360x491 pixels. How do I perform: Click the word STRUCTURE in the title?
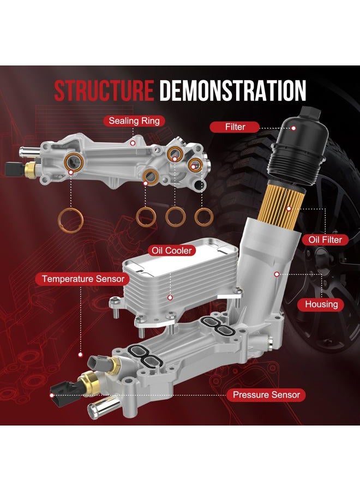pyautogui.click(x=104, y=91)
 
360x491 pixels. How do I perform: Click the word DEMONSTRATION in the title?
pyautogui.click(x=232, y=91)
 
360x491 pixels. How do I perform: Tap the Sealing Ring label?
pyautogui.click(x=134, y=121)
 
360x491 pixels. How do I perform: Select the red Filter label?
pyautogui.click(x=235, y=127)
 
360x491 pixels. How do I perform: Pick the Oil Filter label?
pyautogui.click(x=325, y=240)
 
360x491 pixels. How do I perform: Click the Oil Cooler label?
pyautogui.click(x=172, y=250)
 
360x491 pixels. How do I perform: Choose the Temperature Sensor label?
pyautogui.click(x=83, y=279)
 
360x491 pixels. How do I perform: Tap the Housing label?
pyautogui.click(x=321, y=304)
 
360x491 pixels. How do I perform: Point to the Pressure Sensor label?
pyautogui.click(x=266, y=395)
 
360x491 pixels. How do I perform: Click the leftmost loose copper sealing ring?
pyautogui.click(x=71, y=220)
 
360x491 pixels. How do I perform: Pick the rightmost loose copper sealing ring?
pyautogui.click(x=204, y=217)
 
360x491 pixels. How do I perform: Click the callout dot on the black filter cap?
pyautogui.click(x=293, y=128)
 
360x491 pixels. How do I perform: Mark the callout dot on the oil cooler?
pyautogui.click(x=170, y=297)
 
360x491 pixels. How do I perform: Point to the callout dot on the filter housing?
pyautogui.click(x=277, y=274)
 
